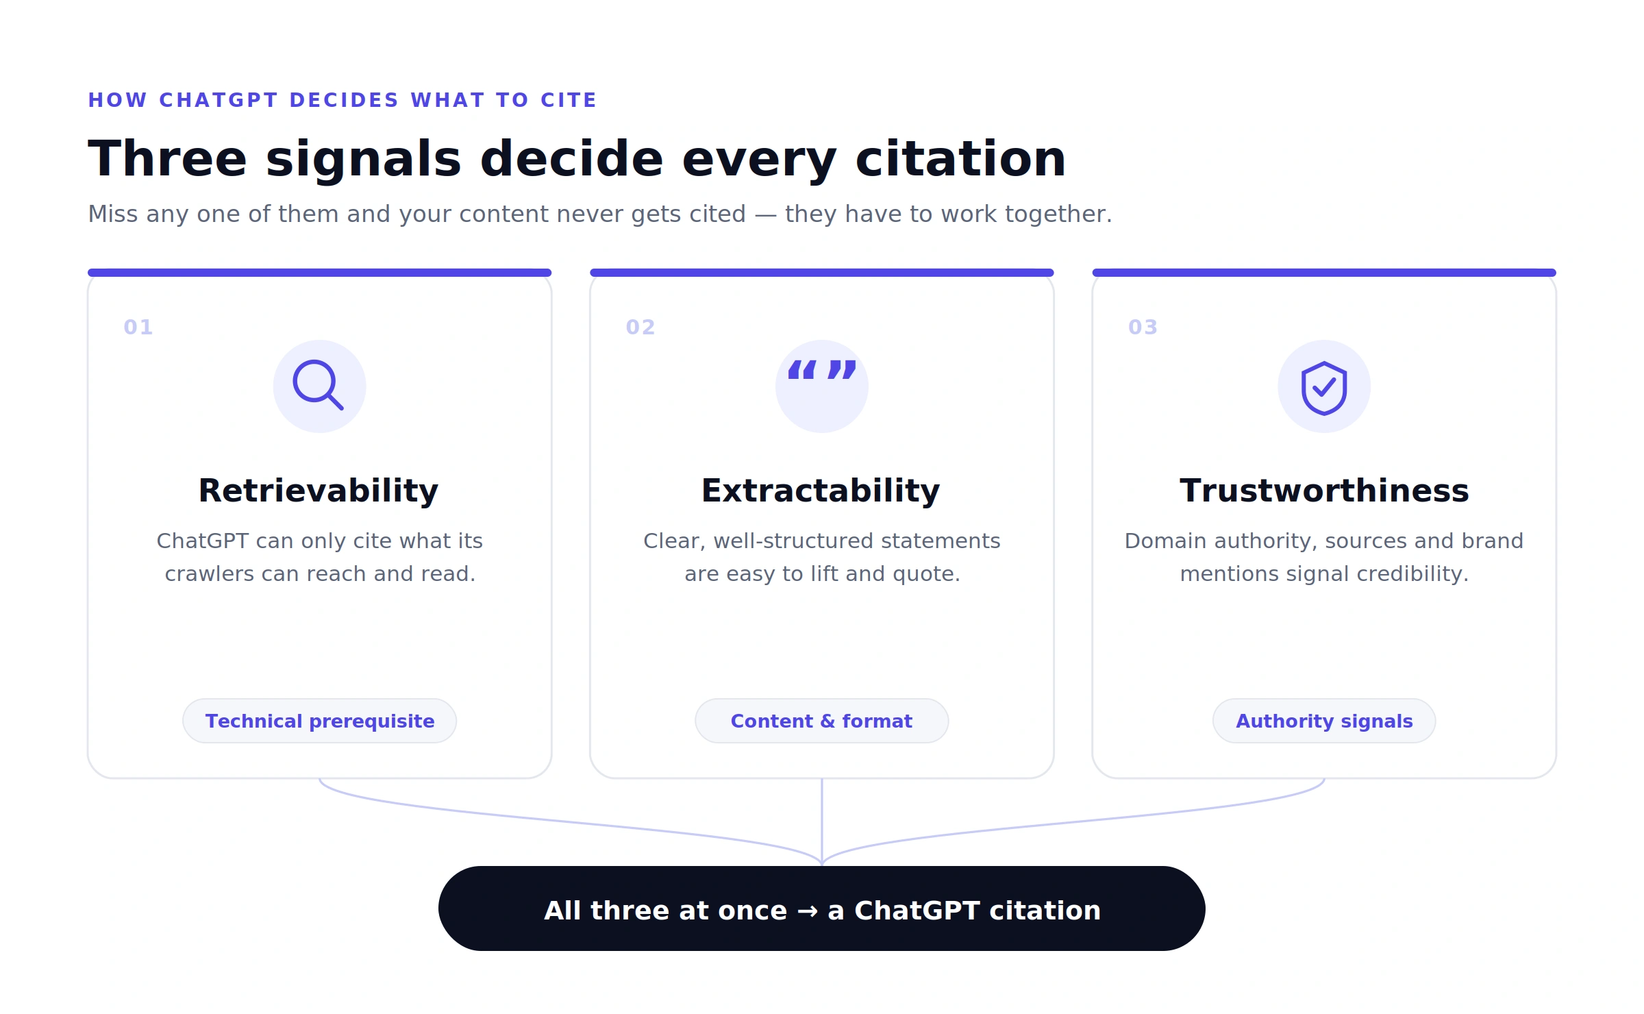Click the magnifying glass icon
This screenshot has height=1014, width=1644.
click(318, 384)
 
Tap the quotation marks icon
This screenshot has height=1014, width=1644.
click(822, 370)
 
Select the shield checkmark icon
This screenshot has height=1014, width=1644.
click(1324, 388)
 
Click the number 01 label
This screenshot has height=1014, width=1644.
click(138, 327)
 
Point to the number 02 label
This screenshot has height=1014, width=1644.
click(640, 327)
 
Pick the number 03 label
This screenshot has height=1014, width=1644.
click(1143, 327)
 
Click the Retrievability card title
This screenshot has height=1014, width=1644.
click(319, 491)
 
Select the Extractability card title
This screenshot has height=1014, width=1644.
click(821, 491)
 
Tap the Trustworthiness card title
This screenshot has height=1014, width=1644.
click(1324, 491)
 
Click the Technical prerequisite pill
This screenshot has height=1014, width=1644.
click(319, 721)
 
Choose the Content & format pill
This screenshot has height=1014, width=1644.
click(821, 721)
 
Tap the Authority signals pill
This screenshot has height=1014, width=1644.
click(1324, 721)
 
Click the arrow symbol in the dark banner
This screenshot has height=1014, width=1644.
click(808, 911)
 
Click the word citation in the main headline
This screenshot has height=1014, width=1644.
click(960, 159)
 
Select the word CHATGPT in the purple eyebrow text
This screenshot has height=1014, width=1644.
click(219, 100)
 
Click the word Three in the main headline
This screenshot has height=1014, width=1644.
click(167, 159)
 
